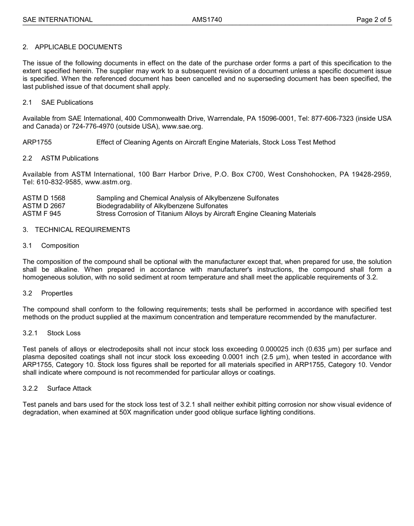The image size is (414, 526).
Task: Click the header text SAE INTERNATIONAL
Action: (58, 20)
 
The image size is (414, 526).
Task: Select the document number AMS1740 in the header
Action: (207, 20)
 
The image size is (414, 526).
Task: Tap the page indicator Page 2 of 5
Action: (373, 20)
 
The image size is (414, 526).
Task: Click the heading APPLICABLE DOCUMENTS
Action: (78, 47)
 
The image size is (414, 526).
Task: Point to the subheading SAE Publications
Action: (67, 102)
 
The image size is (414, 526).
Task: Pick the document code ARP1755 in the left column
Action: (37, 142)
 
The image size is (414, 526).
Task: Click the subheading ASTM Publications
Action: (70, 158)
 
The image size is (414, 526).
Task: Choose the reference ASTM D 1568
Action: (44, 198)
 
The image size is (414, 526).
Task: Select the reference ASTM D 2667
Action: (44, 206)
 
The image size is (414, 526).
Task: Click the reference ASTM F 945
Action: (42, 214)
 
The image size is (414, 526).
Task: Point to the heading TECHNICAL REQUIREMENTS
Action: (82, 230)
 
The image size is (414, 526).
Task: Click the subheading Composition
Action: (60, 246)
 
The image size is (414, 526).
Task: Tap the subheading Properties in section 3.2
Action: (57, 294)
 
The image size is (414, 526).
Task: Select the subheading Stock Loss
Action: (64, 333)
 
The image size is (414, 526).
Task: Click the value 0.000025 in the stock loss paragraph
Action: (275, 349)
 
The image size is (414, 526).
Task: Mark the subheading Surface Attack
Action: (69, 389)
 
